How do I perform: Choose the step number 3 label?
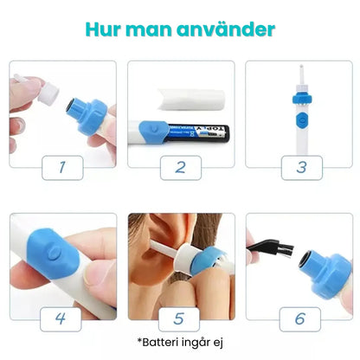click(299, 165)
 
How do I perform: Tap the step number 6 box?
click(299, 318)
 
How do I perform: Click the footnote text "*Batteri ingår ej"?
click(179, 342)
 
